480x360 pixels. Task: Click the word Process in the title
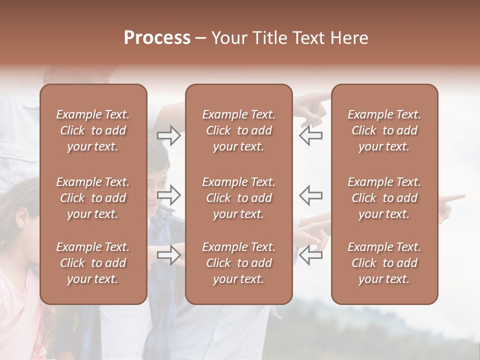157,38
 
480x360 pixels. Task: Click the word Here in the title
349,38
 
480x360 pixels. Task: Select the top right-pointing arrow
169,135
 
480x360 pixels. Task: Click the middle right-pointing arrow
169,195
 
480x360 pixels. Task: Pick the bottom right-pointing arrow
169,254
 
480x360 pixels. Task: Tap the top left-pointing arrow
311,135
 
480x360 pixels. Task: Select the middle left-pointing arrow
311,195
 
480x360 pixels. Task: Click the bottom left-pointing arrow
311,254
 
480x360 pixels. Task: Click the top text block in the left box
93,130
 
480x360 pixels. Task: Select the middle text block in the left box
93,198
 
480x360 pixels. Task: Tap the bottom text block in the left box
93,263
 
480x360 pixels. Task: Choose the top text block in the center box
238,130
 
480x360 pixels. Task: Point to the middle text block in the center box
238,198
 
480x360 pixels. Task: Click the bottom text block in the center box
238,263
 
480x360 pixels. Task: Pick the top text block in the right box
384,130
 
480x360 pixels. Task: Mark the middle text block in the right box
384,198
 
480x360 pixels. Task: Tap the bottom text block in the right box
384,263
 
